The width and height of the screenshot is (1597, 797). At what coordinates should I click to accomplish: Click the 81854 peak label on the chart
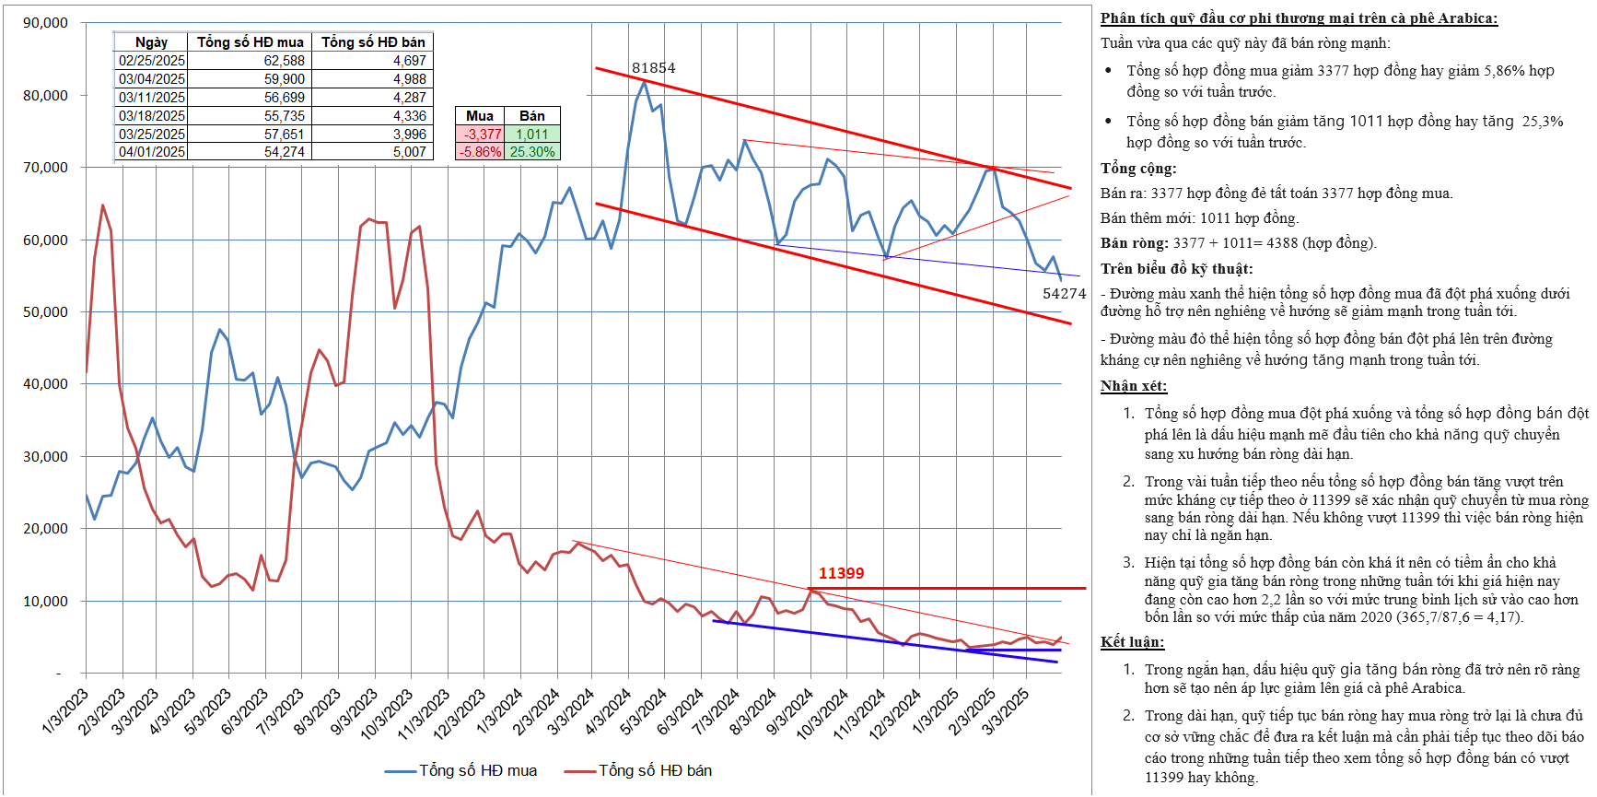click(653, 68)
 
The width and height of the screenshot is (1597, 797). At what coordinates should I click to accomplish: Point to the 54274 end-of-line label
click(1064, 294)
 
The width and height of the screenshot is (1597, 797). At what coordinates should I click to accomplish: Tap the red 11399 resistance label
click(841, 573)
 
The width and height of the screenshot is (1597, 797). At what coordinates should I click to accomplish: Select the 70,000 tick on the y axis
click(45, 168)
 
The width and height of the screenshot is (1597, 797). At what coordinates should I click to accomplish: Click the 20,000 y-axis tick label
click(45, 529)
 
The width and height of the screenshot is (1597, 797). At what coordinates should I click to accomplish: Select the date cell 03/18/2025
click(152, 116)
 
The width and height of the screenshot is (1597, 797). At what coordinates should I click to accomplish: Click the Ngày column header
click(151, 42)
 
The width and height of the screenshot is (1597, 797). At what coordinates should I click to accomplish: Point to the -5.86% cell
click(481, 152)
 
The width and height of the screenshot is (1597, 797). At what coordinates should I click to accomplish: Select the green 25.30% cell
click(532, 152)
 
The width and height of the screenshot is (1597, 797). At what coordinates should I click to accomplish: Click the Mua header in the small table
click(480, 116)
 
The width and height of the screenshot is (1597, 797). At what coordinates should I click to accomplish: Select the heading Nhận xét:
click(1133, 386)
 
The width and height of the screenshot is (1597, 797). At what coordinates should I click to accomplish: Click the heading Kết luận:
click(1132, 642)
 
